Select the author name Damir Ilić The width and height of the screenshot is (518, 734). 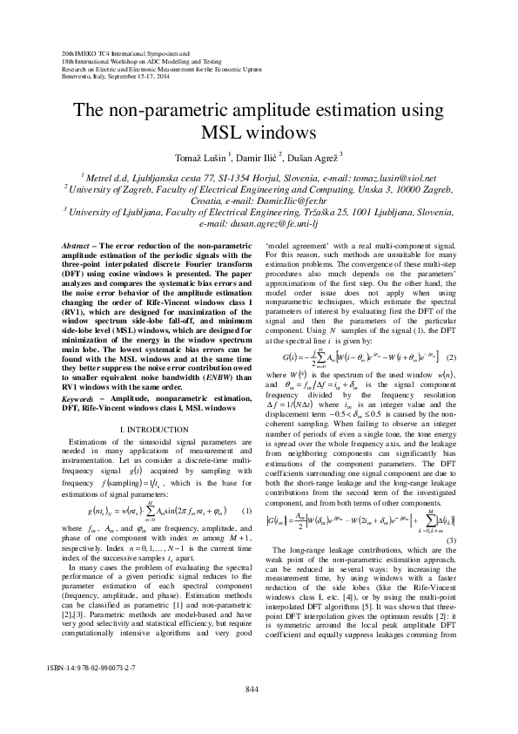pos(257,157)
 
